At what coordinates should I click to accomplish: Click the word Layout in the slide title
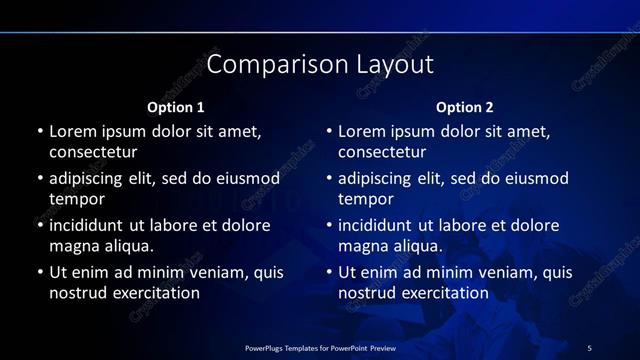tap(395, 65)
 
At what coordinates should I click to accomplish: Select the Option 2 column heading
tap(464, 107)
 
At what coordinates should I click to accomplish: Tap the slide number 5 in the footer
tap(589, 347)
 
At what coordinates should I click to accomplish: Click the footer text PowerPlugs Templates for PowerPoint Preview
tap(319, 347)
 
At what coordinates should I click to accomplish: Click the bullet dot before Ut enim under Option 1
tap(40, 272)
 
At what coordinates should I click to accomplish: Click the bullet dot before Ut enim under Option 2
tap(330, 272)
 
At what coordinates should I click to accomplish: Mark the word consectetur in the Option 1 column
tap(93, 152)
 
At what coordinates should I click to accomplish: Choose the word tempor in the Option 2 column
tap(366, 199)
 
